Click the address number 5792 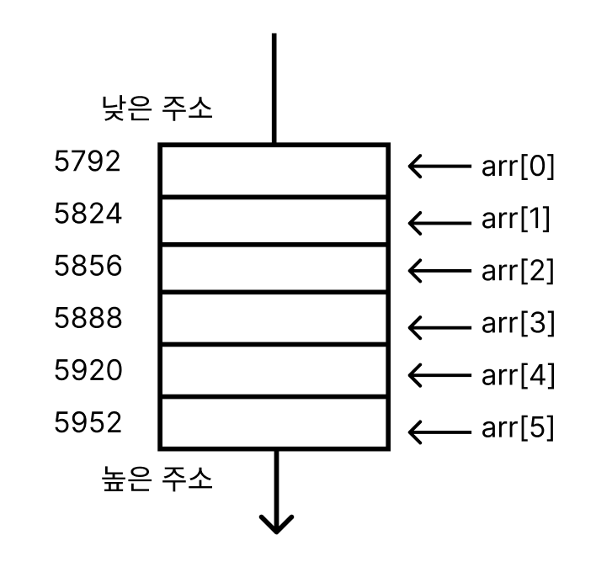(88, 161)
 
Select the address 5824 (88, 214)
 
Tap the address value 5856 (88, 266)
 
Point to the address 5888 (88, 318)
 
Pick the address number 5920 (88, 370)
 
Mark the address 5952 (88, 422)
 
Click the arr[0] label (518, 167)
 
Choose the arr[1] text (515, 220)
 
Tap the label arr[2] (518, 271)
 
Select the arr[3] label (518, 324)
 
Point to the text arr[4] (518, 376)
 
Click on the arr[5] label (518, 428)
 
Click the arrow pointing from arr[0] (439, 167)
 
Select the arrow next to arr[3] (439, 324)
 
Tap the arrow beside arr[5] (439, 431)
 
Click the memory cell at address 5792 (274, 171)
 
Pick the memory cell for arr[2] (274, 268)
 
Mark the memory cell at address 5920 (274, 370)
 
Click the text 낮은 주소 (157, 109)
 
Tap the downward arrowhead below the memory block (275, 523)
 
